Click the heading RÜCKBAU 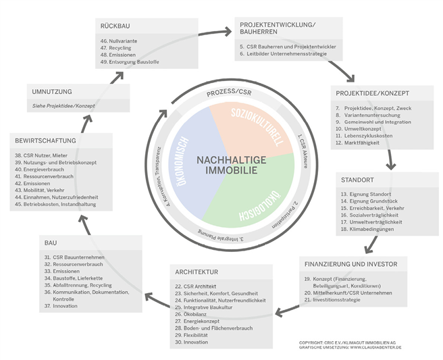(x=115, y=26)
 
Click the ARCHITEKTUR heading (x=196, y=273)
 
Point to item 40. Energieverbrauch (x=60, y=170)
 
